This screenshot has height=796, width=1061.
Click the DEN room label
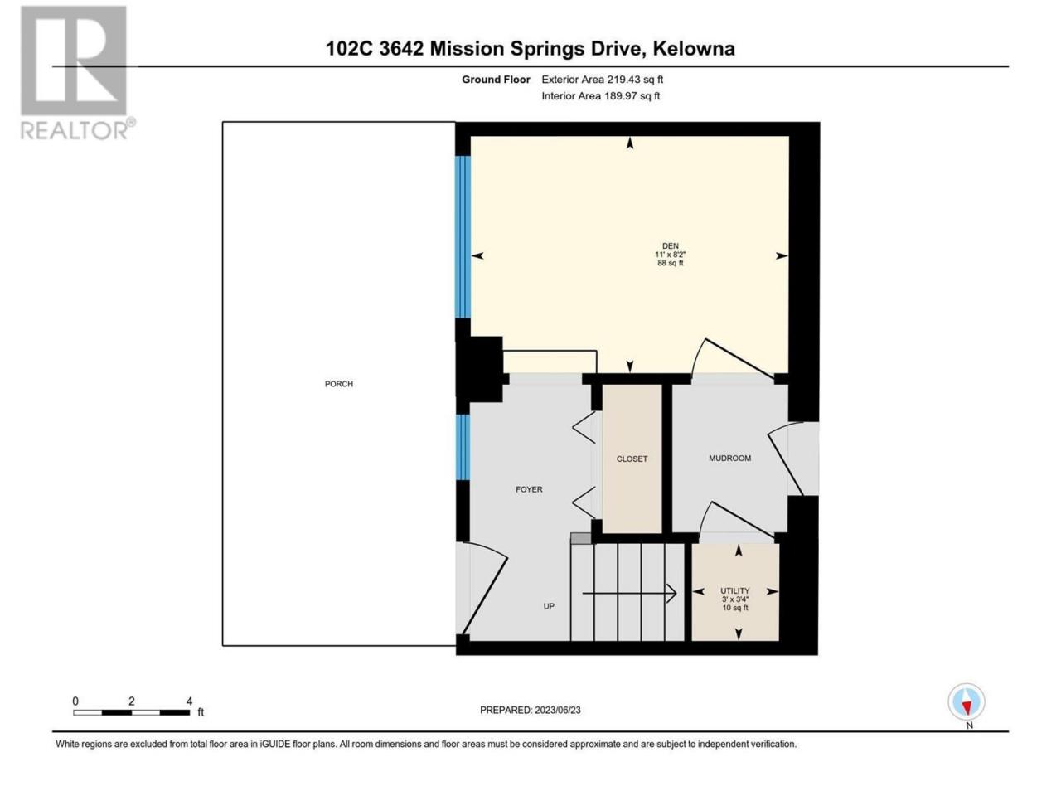(670, 245)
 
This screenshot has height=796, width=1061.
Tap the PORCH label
(338, 384)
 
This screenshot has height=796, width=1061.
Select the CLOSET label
(632, 459)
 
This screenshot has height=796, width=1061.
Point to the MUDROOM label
(729, 458)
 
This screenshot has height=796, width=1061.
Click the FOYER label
(529, 489)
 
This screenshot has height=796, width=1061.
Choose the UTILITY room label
(734, 590)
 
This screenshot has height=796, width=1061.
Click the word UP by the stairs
(549, 606)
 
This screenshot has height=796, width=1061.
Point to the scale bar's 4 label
(190, 701)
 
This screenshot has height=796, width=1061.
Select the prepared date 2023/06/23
(557, 710)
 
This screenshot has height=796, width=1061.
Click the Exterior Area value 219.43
(618, 80)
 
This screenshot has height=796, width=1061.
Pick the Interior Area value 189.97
(618, 95)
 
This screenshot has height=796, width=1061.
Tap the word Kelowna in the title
(694, 48)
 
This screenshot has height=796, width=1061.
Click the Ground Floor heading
(496, 80)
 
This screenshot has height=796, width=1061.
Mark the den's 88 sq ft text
(670, 263)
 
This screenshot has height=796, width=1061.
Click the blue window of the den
(463, 237)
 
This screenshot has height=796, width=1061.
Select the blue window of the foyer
(463, 447)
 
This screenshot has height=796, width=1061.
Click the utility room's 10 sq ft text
(734, 608)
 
